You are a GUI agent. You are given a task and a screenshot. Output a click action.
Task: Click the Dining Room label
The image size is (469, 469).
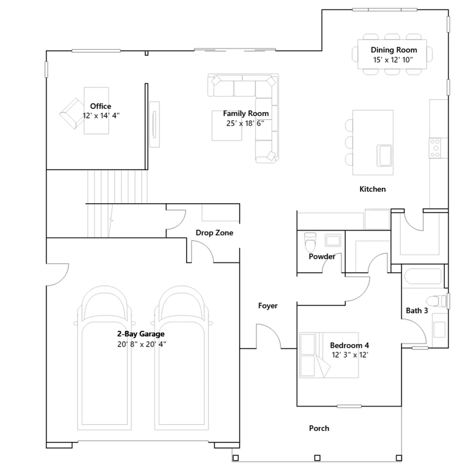pos(394,50)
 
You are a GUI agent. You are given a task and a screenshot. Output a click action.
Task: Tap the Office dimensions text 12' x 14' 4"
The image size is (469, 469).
pos(101,115)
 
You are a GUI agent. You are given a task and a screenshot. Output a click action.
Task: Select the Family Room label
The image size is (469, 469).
pos(246,113)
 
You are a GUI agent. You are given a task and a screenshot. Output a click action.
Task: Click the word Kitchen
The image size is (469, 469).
pos(373,189)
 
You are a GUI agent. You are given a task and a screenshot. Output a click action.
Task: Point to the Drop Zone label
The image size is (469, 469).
pos(214,233)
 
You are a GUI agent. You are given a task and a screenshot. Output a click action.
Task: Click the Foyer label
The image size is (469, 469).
pos(268,306)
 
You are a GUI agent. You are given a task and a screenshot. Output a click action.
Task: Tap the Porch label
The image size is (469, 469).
pos(319,428)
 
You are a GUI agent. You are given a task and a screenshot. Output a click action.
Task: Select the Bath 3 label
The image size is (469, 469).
pos(417,310)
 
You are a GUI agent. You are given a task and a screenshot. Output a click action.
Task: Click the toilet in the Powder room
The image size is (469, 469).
pos(310,242)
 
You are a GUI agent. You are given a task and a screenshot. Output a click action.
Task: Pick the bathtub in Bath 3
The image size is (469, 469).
pos(423,276)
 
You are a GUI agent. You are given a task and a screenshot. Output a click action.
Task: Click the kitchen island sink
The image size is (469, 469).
pos(384,155)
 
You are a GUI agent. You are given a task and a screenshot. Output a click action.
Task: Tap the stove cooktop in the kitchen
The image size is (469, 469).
pos(435,148)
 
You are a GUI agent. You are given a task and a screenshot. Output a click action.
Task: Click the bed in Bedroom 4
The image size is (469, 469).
pos(329,355)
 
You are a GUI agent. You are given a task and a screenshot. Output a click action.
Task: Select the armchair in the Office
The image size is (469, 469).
pos(72,113)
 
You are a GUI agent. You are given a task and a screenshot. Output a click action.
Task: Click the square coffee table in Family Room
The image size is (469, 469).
pos(227,125)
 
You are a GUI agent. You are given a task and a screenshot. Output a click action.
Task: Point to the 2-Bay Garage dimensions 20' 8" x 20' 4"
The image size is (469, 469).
pos(142,344)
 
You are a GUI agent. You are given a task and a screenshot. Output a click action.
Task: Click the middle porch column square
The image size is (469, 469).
pos(317,458)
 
